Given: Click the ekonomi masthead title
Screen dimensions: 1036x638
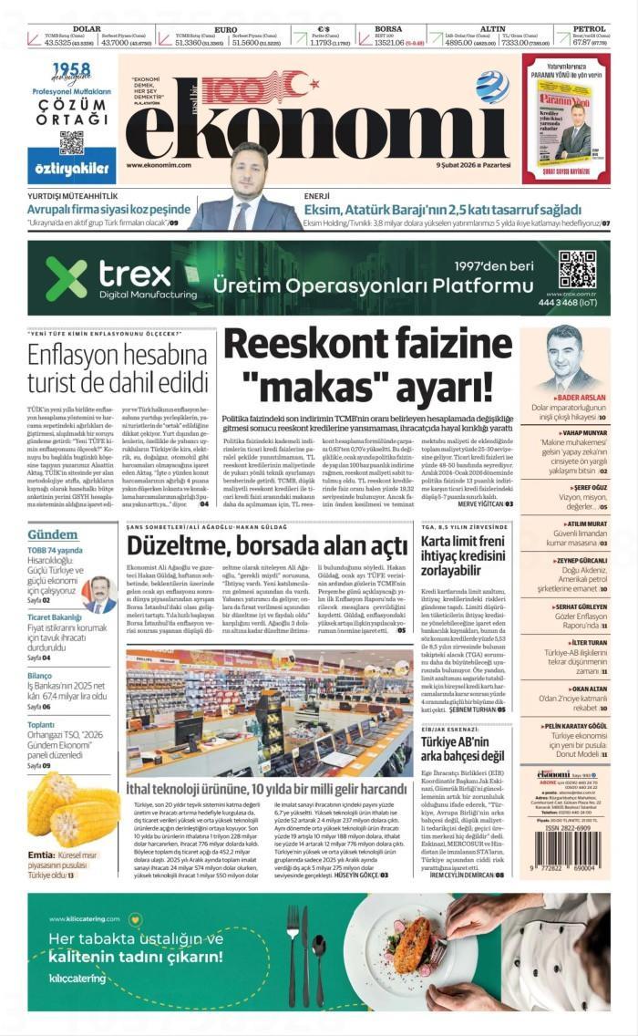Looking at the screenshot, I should (x=319, y=119).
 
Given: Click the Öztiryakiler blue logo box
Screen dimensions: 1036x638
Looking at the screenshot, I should (x=72, y=168).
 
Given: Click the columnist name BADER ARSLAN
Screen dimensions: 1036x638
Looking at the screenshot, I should (x=581, y=398).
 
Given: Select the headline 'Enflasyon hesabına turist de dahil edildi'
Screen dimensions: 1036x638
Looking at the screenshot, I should (x=118, y=368).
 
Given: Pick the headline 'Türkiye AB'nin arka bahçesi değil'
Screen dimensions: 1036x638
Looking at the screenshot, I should (x=462, y=748).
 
